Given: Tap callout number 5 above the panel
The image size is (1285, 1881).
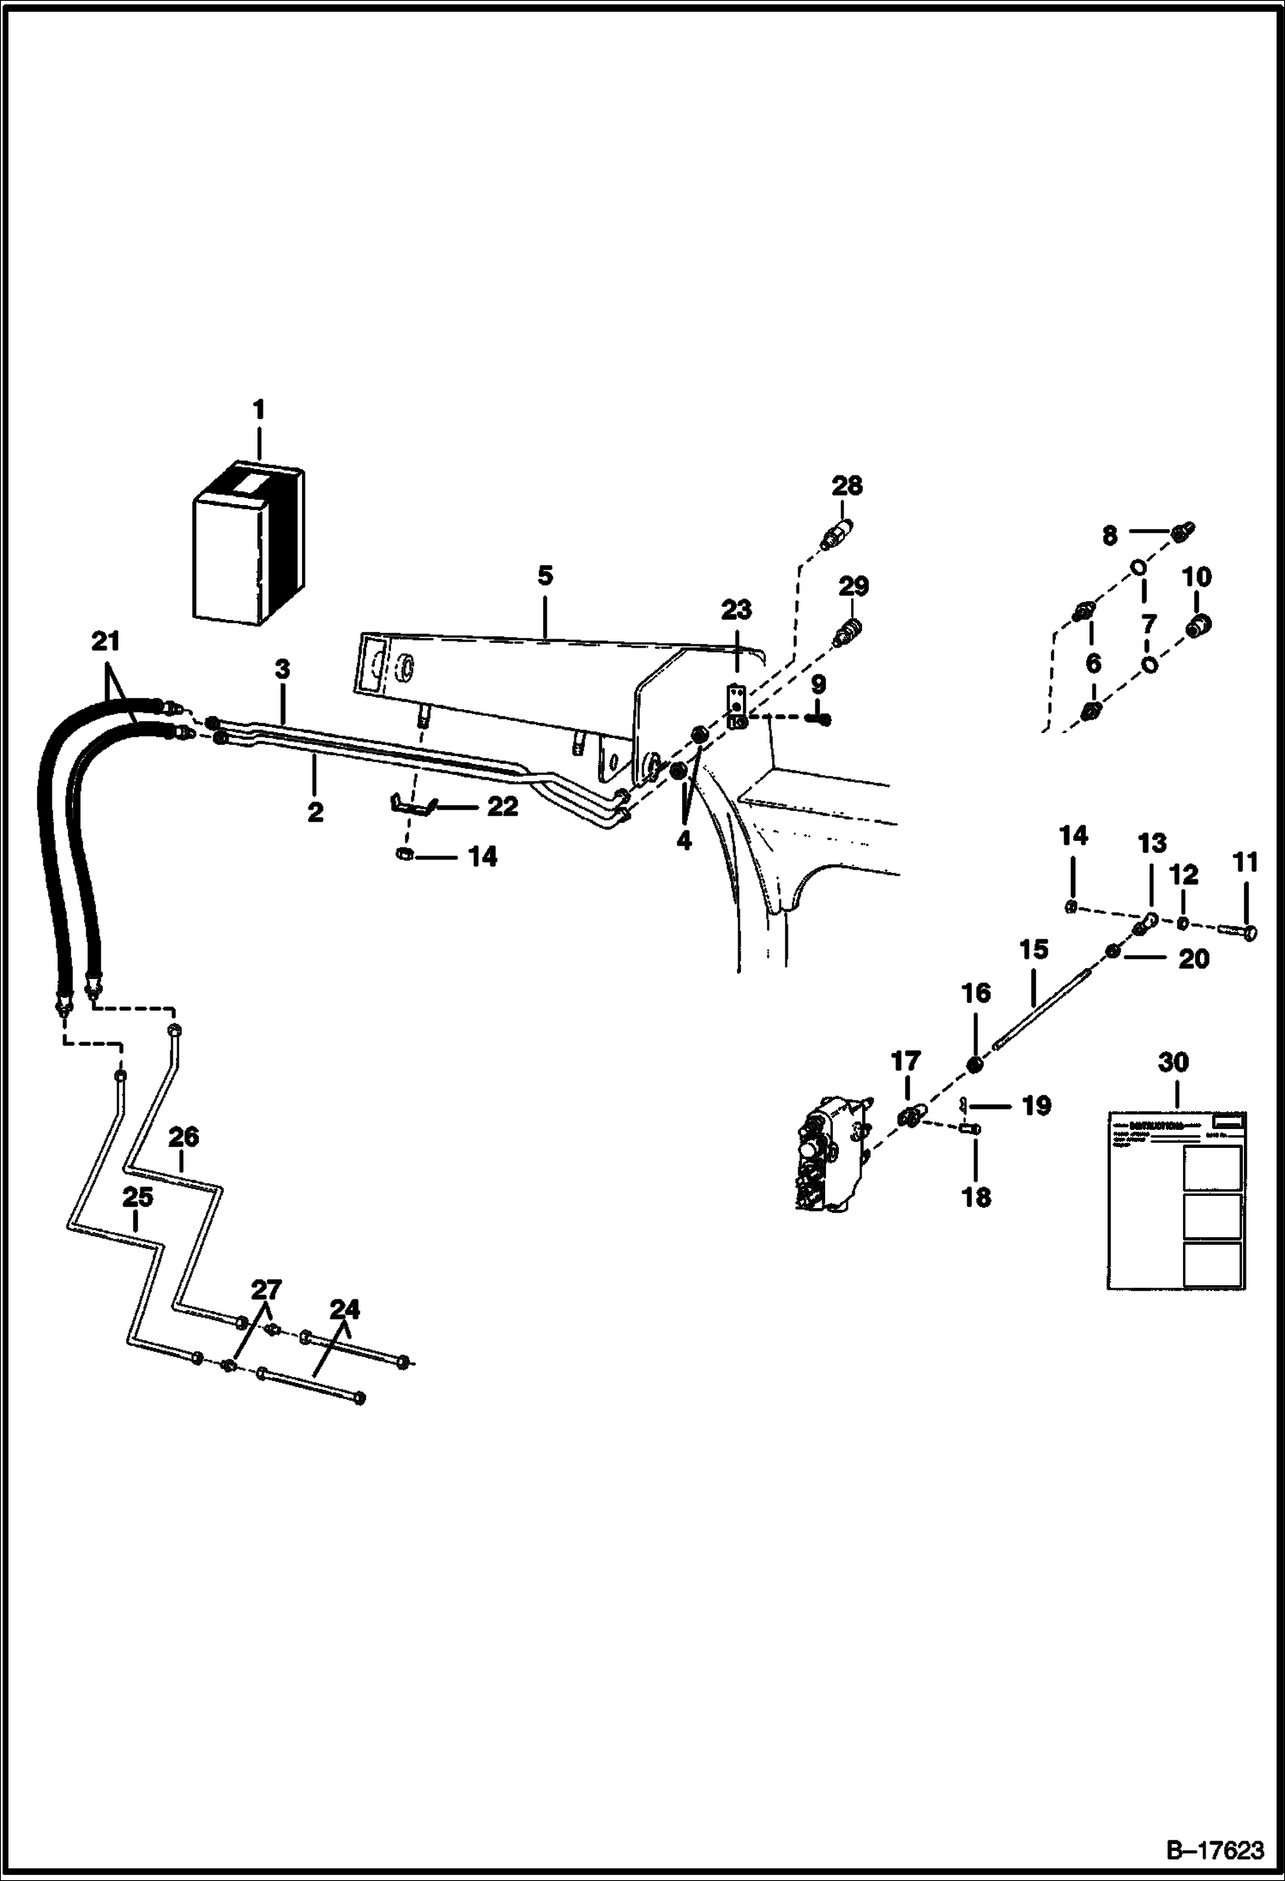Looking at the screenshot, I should point(546,575).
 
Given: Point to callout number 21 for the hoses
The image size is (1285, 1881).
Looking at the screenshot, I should point(106,640).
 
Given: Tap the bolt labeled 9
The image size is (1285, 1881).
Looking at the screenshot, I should point(818,718).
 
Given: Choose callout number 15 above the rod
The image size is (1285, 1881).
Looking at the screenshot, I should point(1034,949).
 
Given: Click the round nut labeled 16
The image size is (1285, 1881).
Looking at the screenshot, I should point(974,1064).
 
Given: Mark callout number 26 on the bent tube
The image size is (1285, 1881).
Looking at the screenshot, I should point(183,1138).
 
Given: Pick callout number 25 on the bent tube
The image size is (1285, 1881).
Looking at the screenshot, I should point(137,1197).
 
